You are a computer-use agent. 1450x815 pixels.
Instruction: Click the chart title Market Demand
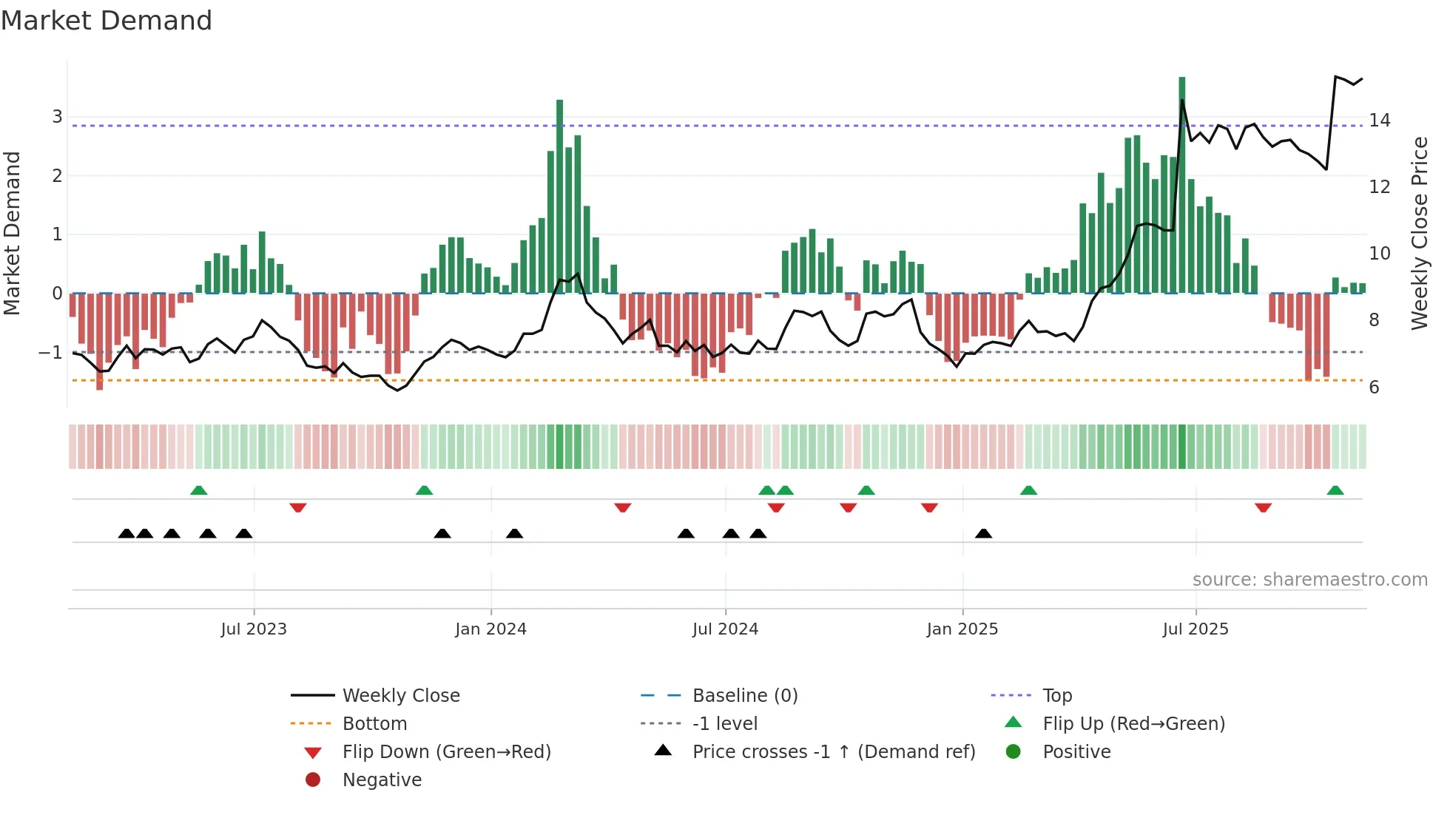coord(107,21)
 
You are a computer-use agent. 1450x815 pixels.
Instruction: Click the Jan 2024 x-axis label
coord(490,629)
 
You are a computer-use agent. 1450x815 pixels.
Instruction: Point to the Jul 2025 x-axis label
coord(1195,629)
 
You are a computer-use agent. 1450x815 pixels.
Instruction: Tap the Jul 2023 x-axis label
coord(254,629)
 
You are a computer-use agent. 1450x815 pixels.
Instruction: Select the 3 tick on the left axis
coord(57,117)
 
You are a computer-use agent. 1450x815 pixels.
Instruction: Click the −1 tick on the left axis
coord(51,353)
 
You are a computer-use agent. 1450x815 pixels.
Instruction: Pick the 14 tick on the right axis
coord(1379,120)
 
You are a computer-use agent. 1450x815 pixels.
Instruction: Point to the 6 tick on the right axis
coord(1374,388)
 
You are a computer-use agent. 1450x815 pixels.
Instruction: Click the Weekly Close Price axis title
coord(1419,233)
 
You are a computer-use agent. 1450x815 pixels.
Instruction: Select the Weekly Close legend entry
coord(400,696)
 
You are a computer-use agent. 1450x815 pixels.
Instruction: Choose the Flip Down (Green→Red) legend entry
coord(446,752)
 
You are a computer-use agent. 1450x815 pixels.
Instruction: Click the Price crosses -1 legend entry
coord(833,752)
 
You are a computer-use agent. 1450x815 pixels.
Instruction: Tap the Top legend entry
coord(1056,696)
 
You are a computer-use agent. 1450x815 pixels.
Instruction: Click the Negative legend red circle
coord(313,780)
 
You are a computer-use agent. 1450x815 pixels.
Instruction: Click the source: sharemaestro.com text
coord(1309,580)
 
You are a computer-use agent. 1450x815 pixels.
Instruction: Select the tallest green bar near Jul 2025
coord(1182,185)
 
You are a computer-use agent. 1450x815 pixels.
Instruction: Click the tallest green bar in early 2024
coord(560,196)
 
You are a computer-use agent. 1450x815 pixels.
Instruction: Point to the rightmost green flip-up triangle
coord(1335,490)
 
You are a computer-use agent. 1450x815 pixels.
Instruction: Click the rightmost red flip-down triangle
coord(1263,507)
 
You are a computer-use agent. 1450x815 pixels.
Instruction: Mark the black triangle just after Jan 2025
coord(983,533)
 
